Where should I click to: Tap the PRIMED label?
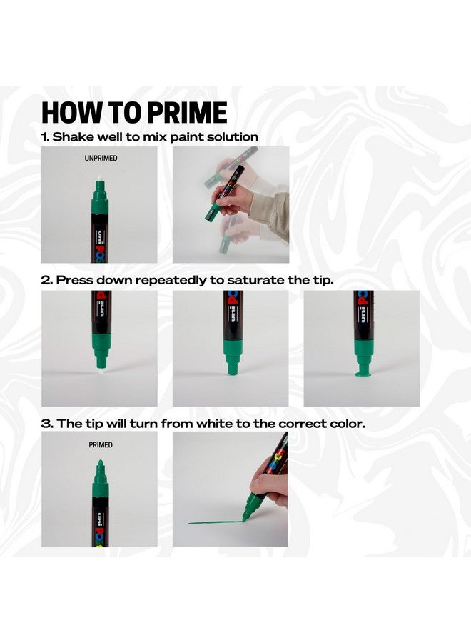tap(101, 444)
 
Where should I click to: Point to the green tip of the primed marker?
tap(101, 467)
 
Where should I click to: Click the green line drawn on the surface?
tap(214, 522)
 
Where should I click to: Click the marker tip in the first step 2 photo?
tap(101, 362)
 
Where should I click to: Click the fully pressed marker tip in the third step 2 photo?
tap(362, 372)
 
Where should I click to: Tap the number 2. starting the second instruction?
tap(46, 280)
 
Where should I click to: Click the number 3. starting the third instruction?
tap(46, 423)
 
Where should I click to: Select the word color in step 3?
tap(345, 423)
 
